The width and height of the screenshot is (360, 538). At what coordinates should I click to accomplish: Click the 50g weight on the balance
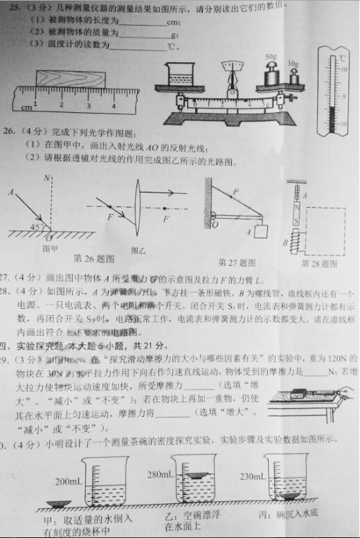coord(270,73)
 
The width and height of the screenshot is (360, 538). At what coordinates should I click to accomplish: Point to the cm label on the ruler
coord(26,108)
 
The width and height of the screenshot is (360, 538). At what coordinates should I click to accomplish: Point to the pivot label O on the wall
coord(215,224)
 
